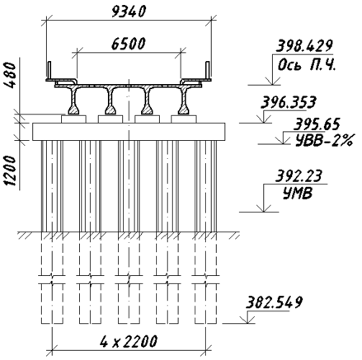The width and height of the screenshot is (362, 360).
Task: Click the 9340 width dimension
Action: pos(128,12)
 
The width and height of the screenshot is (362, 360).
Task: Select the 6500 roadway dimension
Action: pos(128,44)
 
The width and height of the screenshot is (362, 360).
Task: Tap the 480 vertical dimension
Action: pos(11,75)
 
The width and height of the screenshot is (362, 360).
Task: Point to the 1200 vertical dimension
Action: pos(11,171)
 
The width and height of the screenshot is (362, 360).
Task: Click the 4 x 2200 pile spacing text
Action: pos(129,341)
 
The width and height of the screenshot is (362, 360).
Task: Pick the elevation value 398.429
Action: pos(304,46)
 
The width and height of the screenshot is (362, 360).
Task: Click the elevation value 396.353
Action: pos(288,102)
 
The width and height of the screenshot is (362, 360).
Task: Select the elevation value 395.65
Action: pos(317,124)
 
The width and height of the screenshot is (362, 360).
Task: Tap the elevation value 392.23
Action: pos(299,176)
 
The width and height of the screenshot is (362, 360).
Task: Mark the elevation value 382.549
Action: pos(274,302)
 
